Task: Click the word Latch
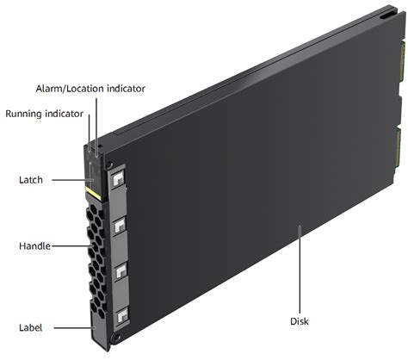[x=31, y=180]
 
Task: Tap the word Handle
[x=34, y=246]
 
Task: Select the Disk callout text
[x=300, y=321]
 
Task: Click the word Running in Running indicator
[x=24, y=114]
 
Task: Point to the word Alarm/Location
[x=70, y=89]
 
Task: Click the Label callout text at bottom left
[x=30, y=327]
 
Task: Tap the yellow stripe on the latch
[x=93, y=193]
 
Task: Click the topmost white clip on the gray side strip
[x=118, y=179]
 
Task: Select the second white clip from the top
[x=120, y=226]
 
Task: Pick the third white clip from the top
[x=121, y=270]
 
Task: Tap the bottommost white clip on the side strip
[x=123, y=315]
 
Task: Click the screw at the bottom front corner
[x=116, y=338]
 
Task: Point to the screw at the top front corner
[x=108, y=165]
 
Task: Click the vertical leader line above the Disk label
[x=300, y=270]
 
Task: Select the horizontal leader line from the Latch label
[x=73, y=180]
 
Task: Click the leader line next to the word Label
[x=75, y=327]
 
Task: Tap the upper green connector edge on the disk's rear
[x=403, y=61]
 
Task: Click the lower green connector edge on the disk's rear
[x=399, y=148]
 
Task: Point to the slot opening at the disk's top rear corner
[x=386, y=16]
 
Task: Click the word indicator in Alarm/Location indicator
[x=126, y=89]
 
